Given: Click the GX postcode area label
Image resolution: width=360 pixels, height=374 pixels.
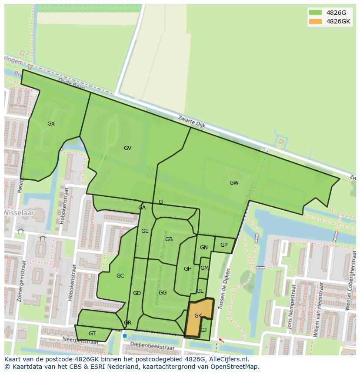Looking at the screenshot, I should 51,124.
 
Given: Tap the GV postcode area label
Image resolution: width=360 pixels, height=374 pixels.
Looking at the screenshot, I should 127,148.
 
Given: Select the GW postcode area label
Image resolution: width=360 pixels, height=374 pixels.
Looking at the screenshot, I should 234,183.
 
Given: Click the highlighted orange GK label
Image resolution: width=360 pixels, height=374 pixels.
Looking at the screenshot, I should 198,316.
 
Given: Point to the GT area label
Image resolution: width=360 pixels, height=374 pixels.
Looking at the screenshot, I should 92,334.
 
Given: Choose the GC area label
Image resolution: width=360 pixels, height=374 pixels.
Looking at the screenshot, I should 120,276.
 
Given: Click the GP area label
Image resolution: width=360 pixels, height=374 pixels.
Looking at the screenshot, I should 224,245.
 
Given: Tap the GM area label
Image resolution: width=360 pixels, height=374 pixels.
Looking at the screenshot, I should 204,268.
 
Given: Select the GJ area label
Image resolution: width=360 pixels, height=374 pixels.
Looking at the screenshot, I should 203,330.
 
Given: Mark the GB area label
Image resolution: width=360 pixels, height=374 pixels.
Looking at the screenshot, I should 169,239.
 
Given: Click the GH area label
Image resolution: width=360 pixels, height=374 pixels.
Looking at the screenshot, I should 188,269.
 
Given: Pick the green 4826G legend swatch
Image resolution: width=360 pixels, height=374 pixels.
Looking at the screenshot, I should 315,12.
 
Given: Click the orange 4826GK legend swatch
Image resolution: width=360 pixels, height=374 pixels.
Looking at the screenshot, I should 315,21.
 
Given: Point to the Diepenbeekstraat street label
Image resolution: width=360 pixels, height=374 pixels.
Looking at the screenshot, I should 150,348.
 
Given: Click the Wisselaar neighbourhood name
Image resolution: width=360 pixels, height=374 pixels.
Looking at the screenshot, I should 18,213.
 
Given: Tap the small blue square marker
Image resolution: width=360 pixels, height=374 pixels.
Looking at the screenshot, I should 125,336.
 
